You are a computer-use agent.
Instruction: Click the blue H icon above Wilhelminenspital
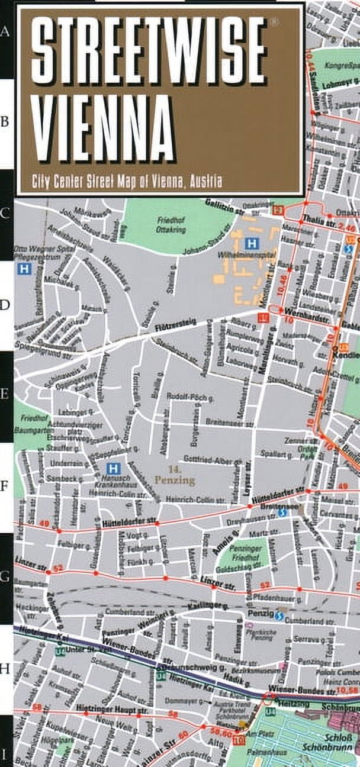[x=252, y=243]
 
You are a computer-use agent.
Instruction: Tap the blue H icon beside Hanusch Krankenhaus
[x=115, y=468]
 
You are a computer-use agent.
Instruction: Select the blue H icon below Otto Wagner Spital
[x=24, y=269]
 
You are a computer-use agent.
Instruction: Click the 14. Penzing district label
[x=175, y=476]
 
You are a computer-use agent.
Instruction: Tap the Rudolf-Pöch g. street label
[x=185, y=397]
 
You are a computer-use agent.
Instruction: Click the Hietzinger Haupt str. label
[x=103, y=708]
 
